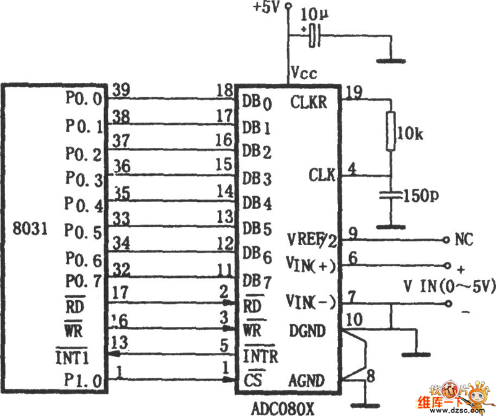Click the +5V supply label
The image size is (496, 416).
[267, 9]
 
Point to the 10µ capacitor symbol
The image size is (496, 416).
[315, 35]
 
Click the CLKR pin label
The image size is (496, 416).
[308, 102]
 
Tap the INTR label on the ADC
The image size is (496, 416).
[260, 356]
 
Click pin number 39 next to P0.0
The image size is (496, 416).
[122, 91]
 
